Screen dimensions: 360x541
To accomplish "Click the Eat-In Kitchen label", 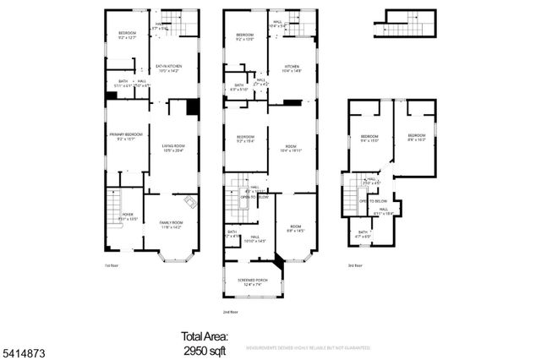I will click(169, 68).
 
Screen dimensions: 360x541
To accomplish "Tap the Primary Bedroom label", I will click(125, 137).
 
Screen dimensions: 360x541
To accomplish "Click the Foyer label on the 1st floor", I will click(128, 216).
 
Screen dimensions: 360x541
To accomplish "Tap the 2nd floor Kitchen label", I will click(292, 68).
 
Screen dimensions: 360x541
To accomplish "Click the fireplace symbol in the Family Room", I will click(190, 204).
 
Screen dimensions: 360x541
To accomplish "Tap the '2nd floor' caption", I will click(231, 312).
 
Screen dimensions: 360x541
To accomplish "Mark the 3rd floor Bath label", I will click(363, 233).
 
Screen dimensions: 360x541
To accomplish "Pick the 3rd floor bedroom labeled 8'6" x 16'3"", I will click(417, 138).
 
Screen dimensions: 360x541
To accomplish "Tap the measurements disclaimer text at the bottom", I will click(309, 348).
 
